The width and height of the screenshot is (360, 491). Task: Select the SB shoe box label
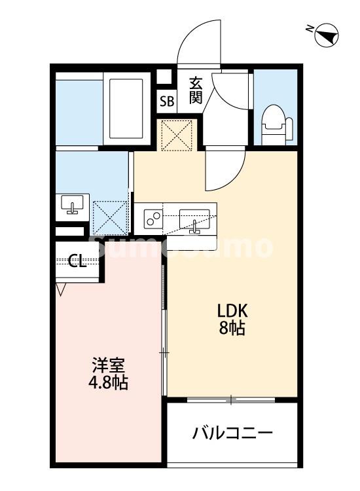pyautogui.click(x=167, y=102)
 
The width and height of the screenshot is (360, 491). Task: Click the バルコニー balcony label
pyautogui.click(x=232, y=433)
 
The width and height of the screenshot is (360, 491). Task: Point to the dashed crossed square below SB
pyautogui.click(x=176, y=134)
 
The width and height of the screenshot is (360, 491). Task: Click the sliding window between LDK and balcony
pyautogui.click(x=232, y=399)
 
